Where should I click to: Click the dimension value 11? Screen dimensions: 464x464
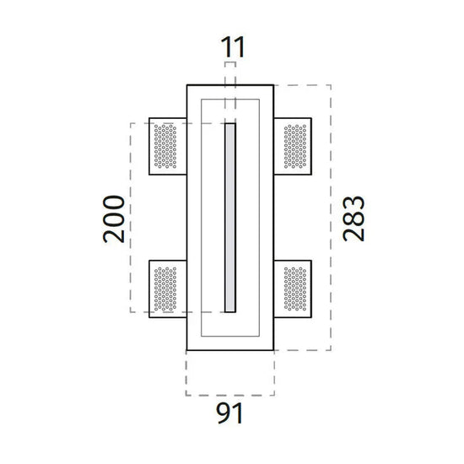[233, 47]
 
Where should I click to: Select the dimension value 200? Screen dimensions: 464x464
[114, 219]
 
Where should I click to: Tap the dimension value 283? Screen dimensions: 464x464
[353, 219]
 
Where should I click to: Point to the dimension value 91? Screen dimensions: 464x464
[229, 413]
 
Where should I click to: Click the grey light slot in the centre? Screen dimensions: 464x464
[230, 218]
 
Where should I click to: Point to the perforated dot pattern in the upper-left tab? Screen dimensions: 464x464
[165, 146]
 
